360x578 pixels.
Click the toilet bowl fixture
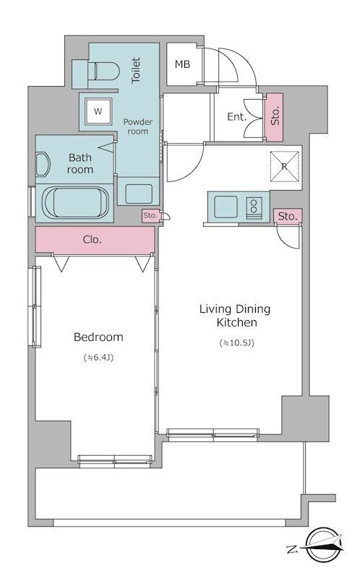pyautogui.click(x=103, y=71)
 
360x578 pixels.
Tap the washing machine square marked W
pyautogui.click(x=98, y=111)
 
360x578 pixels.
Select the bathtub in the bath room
pyautogui.click(x=77, y=203)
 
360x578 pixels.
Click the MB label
pyautogui.click(x=182, y=64)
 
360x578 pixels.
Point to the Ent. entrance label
pyautogui.click(x=237, y=117)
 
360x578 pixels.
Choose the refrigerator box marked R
pyautogui.click(x=284, y=166)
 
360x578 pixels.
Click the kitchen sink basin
pyautogui.click(x=226, y=207)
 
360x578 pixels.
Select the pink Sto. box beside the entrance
pyautogui.click(x=275, y=117)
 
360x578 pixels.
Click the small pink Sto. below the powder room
pyautogui.click(x=150, y=215)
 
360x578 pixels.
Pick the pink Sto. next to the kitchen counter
pyautogui.click(x=288, y=216)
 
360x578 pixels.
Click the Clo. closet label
pyautogui.click(x=93, y=240)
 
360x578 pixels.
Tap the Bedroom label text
pyautogui.click(x=98, y=337)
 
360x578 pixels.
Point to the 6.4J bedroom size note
pyautogui.click(x=98, y=357)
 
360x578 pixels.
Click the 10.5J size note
pyautogui.click(x=237, y=343)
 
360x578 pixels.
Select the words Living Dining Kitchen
pyautogui.click(x=235, y=316)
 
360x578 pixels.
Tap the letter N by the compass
pyautogui.click(x=292, y=550)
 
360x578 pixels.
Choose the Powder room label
pyautogui.click(x=137, y=126)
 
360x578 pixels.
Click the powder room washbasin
pyautogui.click(x=139, y=194)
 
